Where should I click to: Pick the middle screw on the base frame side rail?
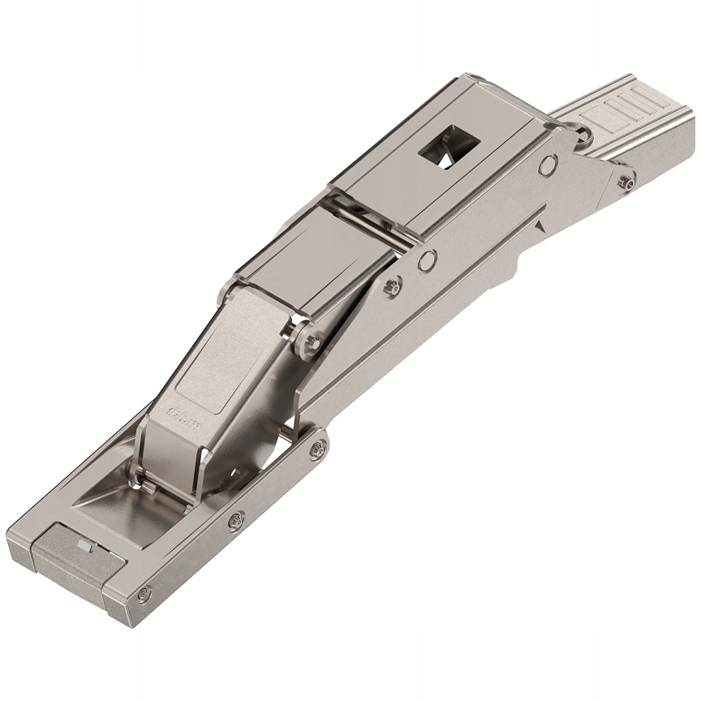[235, 518]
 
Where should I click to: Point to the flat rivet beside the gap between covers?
[427, 260]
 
